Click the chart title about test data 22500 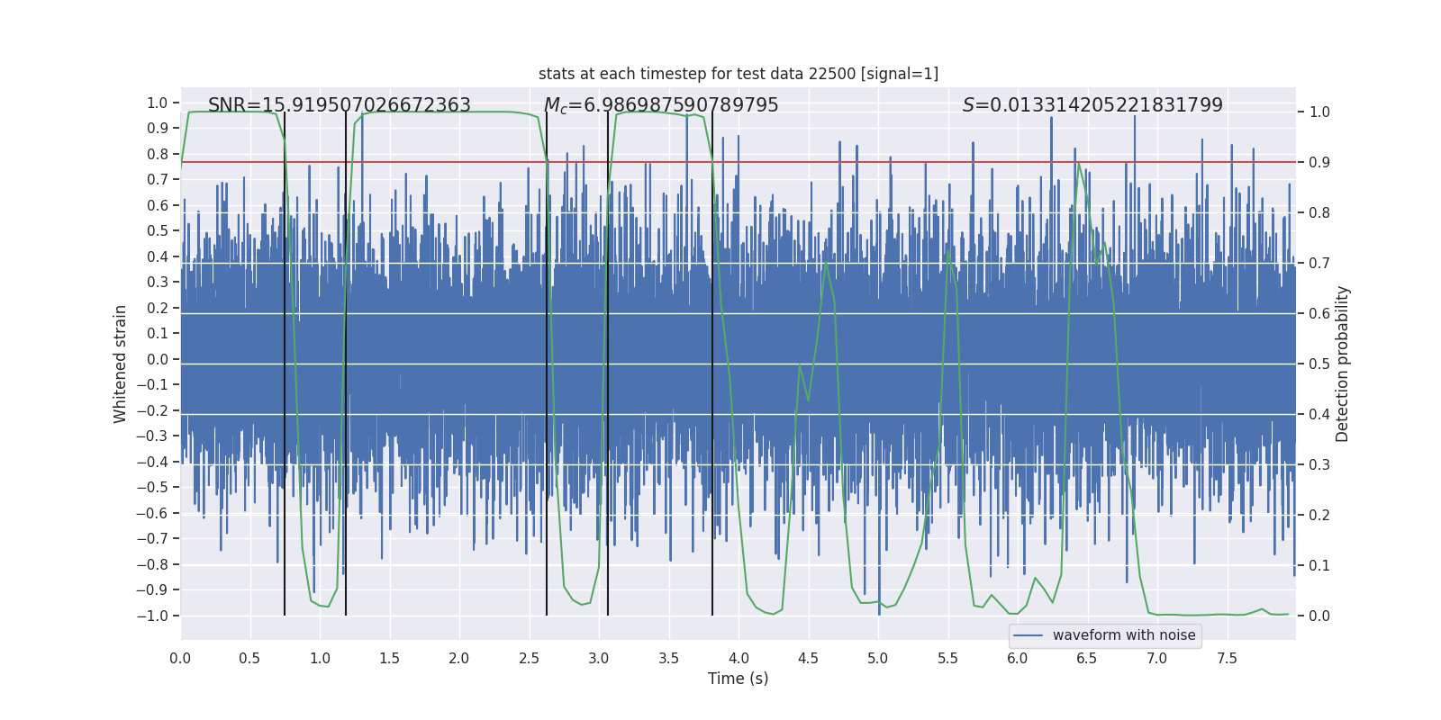tap(738, 74)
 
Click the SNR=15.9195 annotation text tap(339, 105)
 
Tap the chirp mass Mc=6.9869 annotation tap(661, 105)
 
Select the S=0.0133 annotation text tap(1092, 105)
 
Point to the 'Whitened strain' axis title tap(121, 364)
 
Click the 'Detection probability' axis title tap(1343, 364)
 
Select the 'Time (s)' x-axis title tap(738, 679)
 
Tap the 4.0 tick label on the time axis tap(739, 658)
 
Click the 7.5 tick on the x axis tap(1227, 658)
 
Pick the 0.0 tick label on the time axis tap(180, 658)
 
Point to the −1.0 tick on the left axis tap(152, 616)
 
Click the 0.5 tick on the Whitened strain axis tap(158, 231)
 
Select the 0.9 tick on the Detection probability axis tap(1319, 163)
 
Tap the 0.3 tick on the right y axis tap(1319, 465)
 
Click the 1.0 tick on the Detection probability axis tap(1319, 112)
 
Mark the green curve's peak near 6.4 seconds tap(1078, 163)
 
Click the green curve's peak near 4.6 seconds tap(826, 263)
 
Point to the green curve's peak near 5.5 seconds tap(948, 249)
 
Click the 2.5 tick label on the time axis tap(530, 658)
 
